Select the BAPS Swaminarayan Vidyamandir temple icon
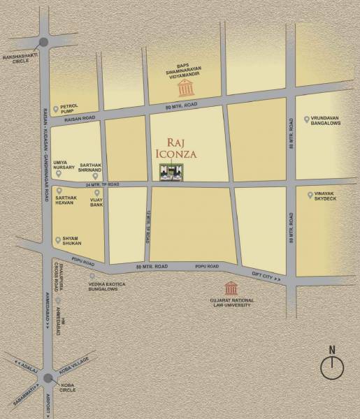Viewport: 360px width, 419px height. click(x=186, y=88)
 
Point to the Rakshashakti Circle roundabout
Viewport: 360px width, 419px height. click(x=45, y=44)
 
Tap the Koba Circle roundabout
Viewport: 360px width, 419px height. click(x=48, y=378)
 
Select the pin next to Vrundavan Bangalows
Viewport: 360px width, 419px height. click(x=307, y=119)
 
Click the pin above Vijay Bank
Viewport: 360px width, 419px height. click(x=97, y=192)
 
